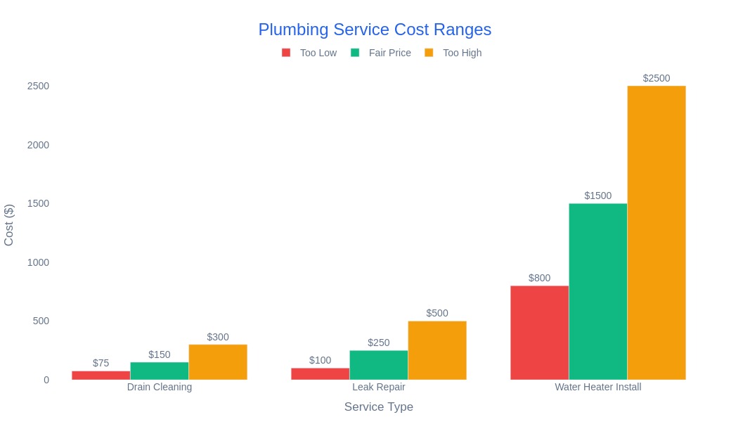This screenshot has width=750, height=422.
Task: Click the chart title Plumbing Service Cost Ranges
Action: tap(375, 30)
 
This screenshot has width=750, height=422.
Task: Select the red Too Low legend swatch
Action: tap(286, 53)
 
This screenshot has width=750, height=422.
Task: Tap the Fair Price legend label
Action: tap(389, 53)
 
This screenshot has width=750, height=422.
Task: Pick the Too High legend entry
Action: tap(462, 53)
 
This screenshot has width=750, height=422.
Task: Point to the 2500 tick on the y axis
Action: tap(38, 86)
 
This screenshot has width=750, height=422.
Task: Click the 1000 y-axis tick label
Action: tap(38, 262)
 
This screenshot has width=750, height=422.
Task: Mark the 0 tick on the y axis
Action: tap(46, 380)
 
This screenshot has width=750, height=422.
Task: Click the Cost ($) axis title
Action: tap(9, 225)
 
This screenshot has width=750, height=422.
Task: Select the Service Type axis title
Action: tap(378, 407)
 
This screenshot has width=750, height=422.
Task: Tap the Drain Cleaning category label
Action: tap(160, 387)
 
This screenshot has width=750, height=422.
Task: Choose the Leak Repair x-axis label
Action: tap(378, 387)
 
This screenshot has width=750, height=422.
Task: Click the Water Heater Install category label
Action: tap(597, 387)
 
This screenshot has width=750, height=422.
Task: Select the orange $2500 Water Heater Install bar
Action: tap(656, 233)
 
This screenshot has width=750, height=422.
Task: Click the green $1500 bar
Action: tap(597, 292)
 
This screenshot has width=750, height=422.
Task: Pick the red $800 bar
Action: tap(539, 333)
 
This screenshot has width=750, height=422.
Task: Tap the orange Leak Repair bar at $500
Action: tap(437, 350)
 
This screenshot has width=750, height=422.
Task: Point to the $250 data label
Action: tap(378, 343)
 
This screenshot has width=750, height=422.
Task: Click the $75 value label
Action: tap(101, 363)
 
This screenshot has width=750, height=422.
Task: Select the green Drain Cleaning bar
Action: tap(160, 371)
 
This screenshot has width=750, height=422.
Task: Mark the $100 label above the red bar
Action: tap(320, 360)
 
